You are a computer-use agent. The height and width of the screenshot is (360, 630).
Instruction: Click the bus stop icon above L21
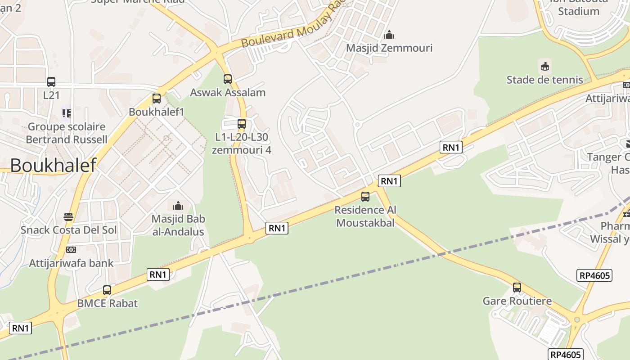click(x=51, y=82)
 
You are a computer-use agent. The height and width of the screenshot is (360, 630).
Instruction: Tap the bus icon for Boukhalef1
click(x=157, y=98)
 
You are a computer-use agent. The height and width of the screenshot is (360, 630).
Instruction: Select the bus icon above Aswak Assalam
click(x=228, y=79)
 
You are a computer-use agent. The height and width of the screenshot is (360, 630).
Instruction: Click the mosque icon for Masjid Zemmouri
click(x=389, y=35)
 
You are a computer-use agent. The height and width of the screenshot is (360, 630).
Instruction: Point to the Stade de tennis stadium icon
click(x=545, y=67)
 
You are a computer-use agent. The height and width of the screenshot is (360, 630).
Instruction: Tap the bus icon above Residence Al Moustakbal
click(x=365, y=197)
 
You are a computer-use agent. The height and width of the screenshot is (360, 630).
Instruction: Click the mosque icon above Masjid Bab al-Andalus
click(x=178, y=206)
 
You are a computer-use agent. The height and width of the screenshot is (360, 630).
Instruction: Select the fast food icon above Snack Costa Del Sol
click(x=68, y=217)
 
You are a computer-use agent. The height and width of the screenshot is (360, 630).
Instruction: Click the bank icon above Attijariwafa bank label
click(x=71, y=250)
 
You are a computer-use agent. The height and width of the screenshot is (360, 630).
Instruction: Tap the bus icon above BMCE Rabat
click(x=107, y=290)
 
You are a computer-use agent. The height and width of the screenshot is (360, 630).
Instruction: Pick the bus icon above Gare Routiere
click(x=517, y=288)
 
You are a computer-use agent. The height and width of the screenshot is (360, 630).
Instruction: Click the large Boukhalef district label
click(x=53, y=165)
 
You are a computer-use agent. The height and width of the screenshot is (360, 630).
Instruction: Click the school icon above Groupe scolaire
click(x=67, y=113)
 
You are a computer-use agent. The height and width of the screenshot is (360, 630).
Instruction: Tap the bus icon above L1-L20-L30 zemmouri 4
click(x=242, y=123)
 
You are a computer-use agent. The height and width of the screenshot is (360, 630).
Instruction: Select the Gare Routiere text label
click(x=517, y=301)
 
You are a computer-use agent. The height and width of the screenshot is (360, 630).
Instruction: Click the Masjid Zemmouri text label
click(x=389, y=48)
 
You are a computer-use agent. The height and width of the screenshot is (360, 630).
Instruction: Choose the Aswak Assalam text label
click(x=228, y=92)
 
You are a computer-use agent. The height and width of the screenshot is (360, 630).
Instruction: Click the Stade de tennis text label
click(x=544, y=80)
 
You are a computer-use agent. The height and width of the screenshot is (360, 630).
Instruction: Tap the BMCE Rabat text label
click(x=107, y=303)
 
